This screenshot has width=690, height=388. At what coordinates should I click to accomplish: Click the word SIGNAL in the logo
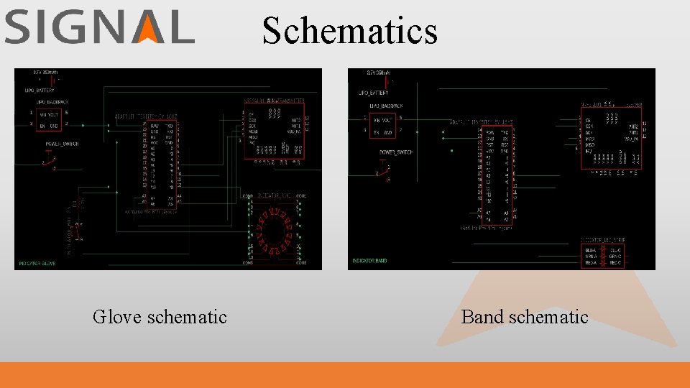coord(99,28)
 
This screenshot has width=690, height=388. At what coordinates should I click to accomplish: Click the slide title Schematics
coord(349,30)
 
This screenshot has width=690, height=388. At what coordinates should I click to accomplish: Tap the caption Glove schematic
coord(160,316)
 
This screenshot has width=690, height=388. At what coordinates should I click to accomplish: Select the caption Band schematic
coord(525,316)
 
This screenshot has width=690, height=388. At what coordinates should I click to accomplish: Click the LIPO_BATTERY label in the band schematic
coord(373,93)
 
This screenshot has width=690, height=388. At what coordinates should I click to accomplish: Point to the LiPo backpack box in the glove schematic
coord(49,119)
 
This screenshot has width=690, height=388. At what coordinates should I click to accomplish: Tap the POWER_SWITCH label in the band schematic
coord(396,152)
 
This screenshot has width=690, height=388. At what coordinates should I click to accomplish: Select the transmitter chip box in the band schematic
coord(611,137)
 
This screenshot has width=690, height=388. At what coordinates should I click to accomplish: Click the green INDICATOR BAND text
coord(369,261)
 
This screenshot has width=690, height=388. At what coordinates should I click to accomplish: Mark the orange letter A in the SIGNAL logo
coord(149,28)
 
